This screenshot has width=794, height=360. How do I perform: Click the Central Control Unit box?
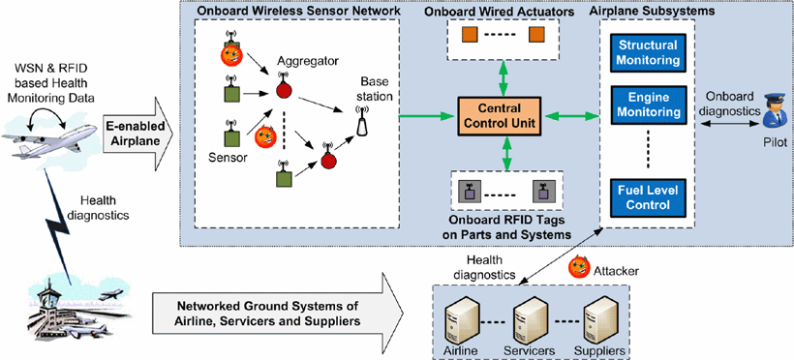click(499, 116)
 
